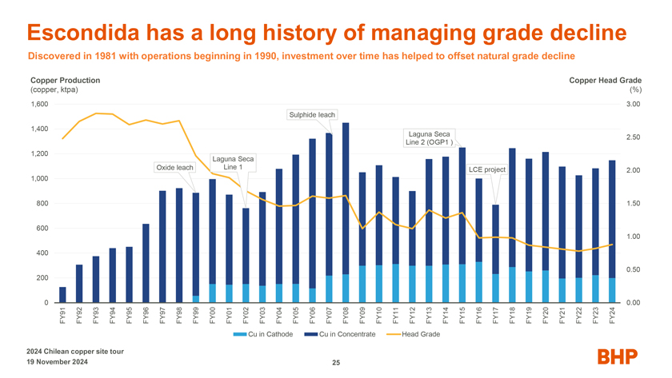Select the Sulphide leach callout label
pyautogui.click(x=312, y=114)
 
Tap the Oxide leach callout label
pyautogui.click(x=174, y=168)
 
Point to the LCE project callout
pyautogui.click(x=486, y=169)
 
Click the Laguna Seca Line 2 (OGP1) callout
pyautogui.click(x=430, y=137)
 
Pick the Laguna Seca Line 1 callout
pyautogui.click(x=233, y=162)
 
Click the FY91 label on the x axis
pyautogui.click(x=63, y=316)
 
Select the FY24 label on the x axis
pyautogui.click(x=612, y=316)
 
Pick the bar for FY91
pyautogui.click(x=62, y=295)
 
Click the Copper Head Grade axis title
pyautogui.click(x=605, y=81)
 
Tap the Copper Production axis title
pyautogui.click(x=65, y=81)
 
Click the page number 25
pyautogui.click(x=336, y=364)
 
